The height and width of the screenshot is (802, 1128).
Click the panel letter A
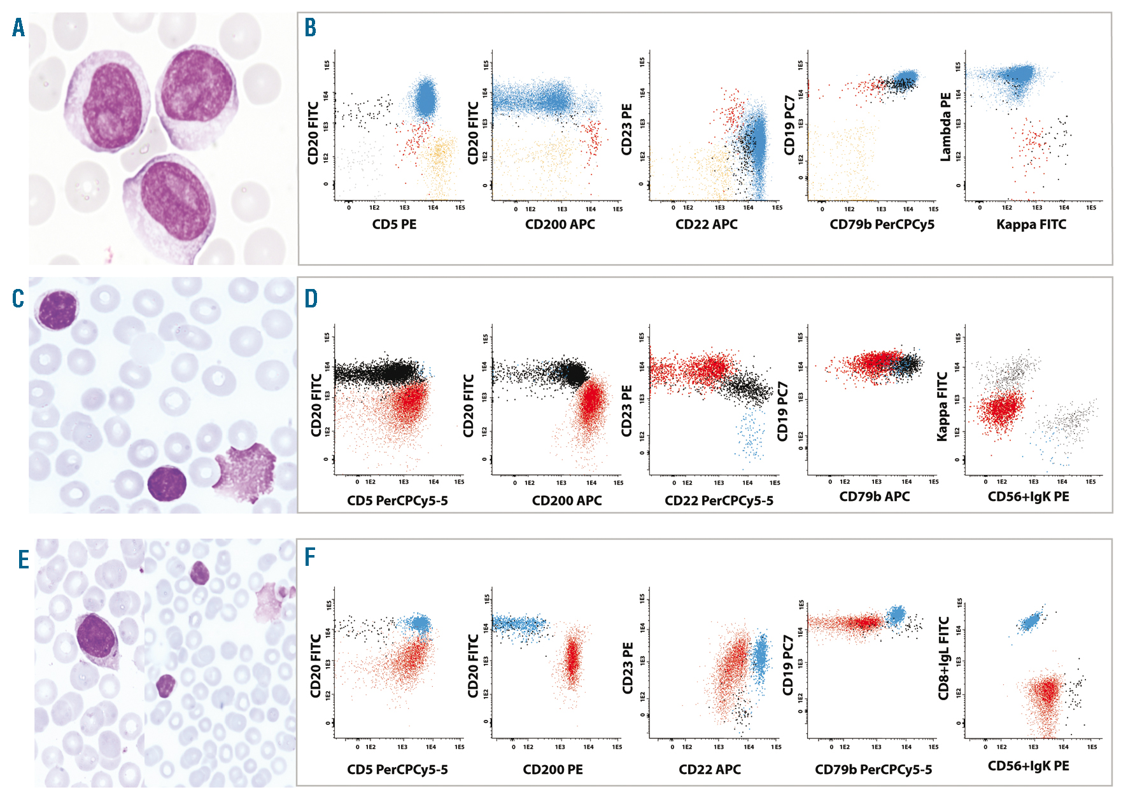click(19, 28)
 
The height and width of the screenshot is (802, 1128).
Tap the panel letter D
click(311, 299)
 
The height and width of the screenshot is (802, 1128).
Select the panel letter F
click(310, 558)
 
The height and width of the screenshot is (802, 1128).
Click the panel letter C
click(18, 299)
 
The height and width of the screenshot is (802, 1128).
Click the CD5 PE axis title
click(394, 225)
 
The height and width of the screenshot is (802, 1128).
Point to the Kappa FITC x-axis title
click(1031, 225)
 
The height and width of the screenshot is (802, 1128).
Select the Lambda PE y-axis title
click(945, 127)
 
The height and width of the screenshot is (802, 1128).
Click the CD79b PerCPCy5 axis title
click(882, 225)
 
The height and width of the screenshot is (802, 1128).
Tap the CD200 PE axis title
click(553, 770)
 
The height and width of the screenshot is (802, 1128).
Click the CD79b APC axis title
click(874, 496)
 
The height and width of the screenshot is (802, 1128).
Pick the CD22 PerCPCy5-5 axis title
click(719, 501)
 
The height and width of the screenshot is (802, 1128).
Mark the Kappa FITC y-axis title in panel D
click(942, 407)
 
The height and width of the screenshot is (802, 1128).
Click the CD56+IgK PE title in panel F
click(1028, 766)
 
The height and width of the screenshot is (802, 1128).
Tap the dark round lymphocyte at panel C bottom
click(167, 483)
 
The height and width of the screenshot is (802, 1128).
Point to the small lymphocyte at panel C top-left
click(57, 309)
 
